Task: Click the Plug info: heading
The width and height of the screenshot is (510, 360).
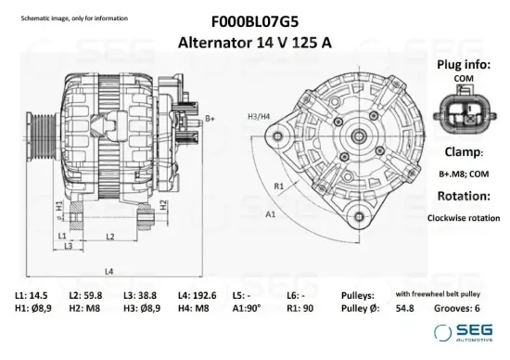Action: pyautogui.click(x=463, y=66)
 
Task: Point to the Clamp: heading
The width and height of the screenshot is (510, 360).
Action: pyautogui.click(x=463, y=150)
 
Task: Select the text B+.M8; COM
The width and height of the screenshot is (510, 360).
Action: pyautogui.click(x=463, y=174)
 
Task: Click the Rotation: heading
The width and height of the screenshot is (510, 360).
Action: pyautogui.click(x=463, y=197)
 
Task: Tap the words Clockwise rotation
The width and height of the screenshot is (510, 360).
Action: pyautogui.click(x=463, y=219)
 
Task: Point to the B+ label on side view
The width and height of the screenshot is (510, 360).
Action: pyautogui.click(x=210, y=119)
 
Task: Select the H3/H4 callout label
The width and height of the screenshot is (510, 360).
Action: pyautogui.click(x=259, y=116)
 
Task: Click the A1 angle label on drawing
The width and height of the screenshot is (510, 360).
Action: pyautogui.click(x=271, y=214)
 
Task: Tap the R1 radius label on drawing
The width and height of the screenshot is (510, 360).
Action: pyautogui.click(x=278, y=185)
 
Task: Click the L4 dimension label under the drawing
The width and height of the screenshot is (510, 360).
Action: pyautogui.click(x=109, y=270)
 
